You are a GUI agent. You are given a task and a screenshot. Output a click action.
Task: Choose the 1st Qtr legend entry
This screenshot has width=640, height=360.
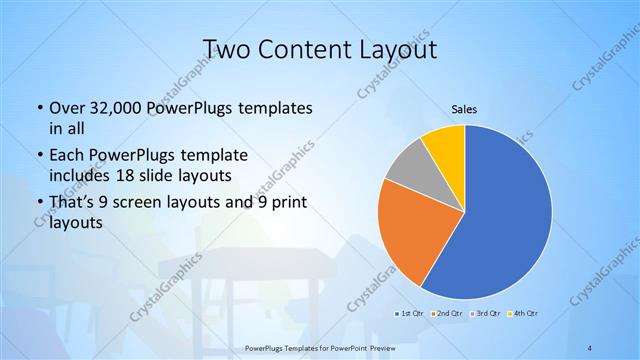click(408, 314)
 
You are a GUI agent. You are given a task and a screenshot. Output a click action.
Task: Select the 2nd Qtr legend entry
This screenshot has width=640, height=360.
click(447, 314)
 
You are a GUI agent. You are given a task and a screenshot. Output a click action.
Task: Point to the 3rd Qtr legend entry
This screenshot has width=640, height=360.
click(487, 314)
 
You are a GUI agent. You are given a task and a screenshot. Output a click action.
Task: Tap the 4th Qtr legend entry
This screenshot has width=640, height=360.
click(526, 314)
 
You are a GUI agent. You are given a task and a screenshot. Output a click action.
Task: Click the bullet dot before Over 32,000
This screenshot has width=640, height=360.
click(39, 108)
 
